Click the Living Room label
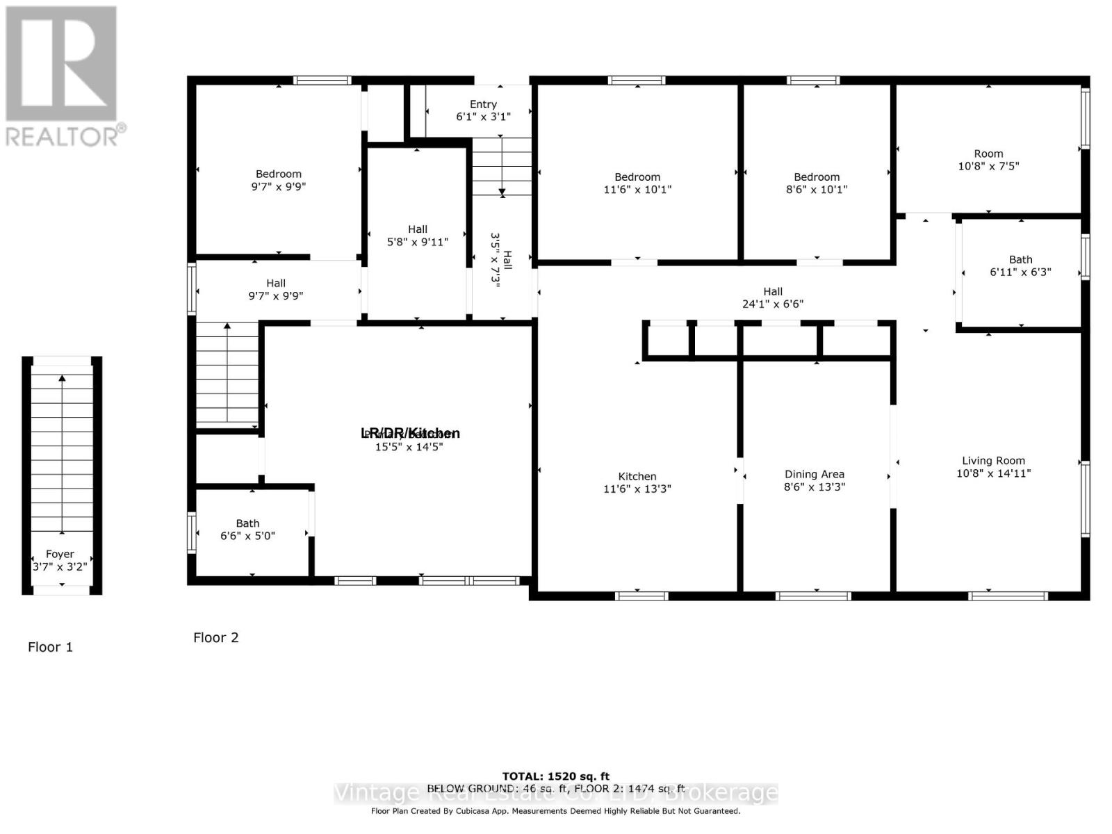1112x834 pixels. point(993,461)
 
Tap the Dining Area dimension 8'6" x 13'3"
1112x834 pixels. point(814,487)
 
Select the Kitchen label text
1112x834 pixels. point(637,477)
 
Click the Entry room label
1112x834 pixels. point(483,104)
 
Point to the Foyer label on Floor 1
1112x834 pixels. point(60,554)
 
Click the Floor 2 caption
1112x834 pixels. point(215,637)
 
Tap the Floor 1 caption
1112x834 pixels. point(50,647)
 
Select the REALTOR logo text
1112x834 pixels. point(66,136)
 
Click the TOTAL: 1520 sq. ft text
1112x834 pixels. point(555,776)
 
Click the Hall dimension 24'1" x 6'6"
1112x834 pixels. point(773,304)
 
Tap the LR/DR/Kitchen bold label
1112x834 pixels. point(410,433)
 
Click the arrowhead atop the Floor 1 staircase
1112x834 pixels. point(63,379)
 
